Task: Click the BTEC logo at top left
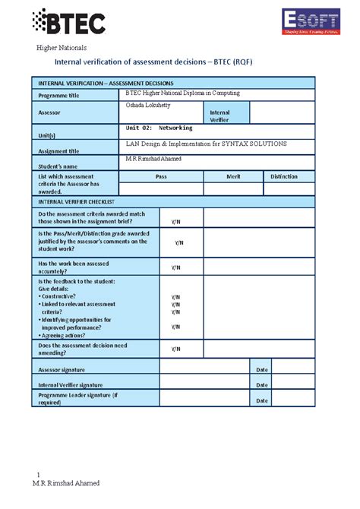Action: (x=69, y=22)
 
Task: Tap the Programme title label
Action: (x=58, y=96)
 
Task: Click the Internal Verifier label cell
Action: (x=219, y=115)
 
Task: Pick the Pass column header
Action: (x=160, y=176)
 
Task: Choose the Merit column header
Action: (x=233, y=176)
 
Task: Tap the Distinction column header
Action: (x=284, y=176)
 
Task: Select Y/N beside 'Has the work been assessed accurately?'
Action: (x=175, y=267)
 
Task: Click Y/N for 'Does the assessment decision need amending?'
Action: (x=175, y=349)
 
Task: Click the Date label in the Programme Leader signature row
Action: (x=262, y=400)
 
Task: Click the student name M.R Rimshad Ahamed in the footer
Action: (x=66, y=483)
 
